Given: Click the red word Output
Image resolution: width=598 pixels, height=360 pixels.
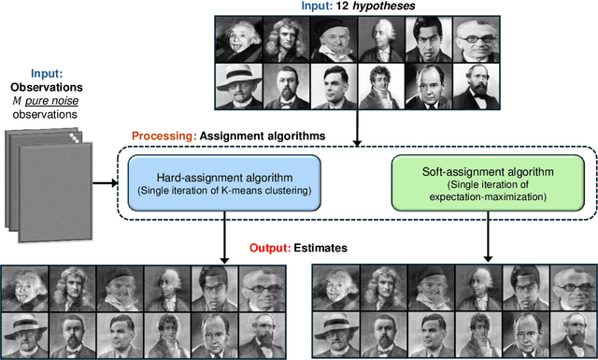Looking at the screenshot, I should point(271,249).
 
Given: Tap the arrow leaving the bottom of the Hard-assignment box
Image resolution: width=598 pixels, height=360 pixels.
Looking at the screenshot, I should point(224,238).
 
